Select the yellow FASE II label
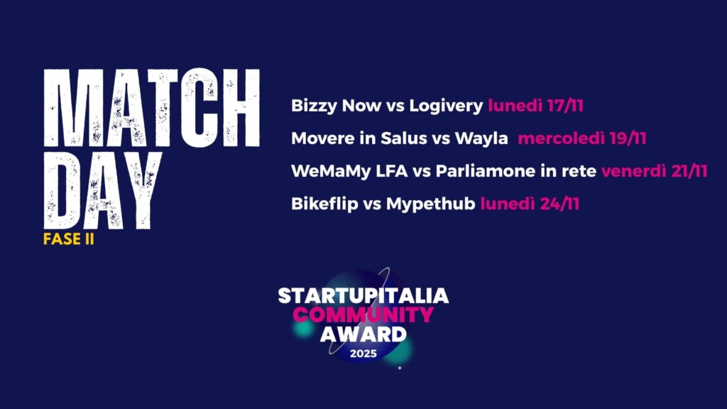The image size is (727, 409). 69,239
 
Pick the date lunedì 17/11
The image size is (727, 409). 535,107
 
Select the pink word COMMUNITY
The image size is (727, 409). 363,315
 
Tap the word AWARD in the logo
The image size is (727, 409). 363,334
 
